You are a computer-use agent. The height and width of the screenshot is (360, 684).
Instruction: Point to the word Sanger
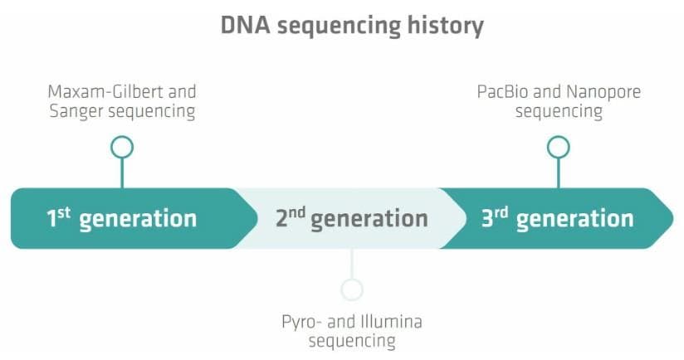74,112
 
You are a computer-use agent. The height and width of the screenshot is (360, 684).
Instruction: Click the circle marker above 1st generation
122,148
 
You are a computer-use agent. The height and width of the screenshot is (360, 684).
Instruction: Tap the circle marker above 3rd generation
559,148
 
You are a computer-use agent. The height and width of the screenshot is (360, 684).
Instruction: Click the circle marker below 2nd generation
352,289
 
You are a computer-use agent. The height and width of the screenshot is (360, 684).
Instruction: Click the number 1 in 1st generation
51,220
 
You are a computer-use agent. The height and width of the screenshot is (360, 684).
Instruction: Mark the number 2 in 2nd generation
281,220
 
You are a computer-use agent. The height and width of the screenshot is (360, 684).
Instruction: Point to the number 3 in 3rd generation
488,220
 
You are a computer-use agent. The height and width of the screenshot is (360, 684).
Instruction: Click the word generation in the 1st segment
138,220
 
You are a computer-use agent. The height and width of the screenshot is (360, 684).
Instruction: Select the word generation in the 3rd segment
574,220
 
